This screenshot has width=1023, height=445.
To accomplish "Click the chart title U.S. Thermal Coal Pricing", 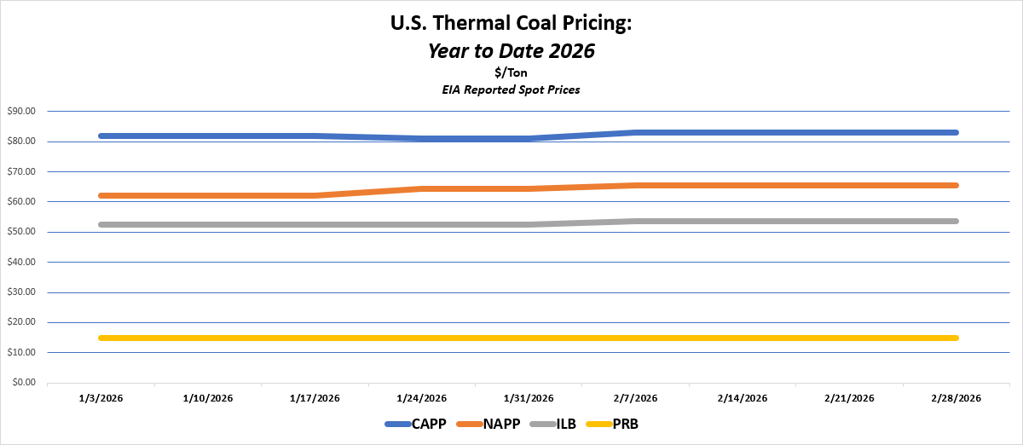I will tap(511, 24).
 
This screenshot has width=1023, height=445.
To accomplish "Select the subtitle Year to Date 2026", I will tap(511, 50).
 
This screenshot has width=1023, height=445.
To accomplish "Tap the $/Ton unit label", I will tap(511, 73).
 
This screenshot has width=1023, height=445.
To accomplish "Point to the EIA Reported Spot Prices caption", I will tap(511, 90).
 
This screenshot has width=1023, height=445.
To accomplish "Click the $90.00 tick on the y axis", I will tap(22, 111).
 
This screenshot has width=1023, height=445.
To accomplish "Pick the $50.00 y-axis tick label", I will tap(22, 232).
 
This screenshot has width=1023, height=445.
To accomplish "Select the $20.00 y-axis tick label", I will tap(22, 322).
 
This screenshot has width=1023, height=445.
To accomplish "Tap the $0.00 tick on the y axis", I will tap(25, 383).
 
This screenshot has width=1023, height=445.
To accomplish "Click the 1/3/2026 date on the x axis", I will tap(101, 398).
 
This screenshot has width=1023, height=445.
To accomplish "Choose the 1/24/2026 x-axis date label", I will tap(422, 398).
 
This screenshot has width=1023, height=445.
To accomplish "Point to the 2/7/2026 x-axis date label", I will tap(636, 398).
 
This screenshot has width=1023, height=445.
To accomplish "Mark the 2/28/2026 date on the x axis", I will tap(957, 398).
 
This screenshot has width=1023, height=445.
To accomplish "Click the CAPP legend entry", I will tap(419, 424).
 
